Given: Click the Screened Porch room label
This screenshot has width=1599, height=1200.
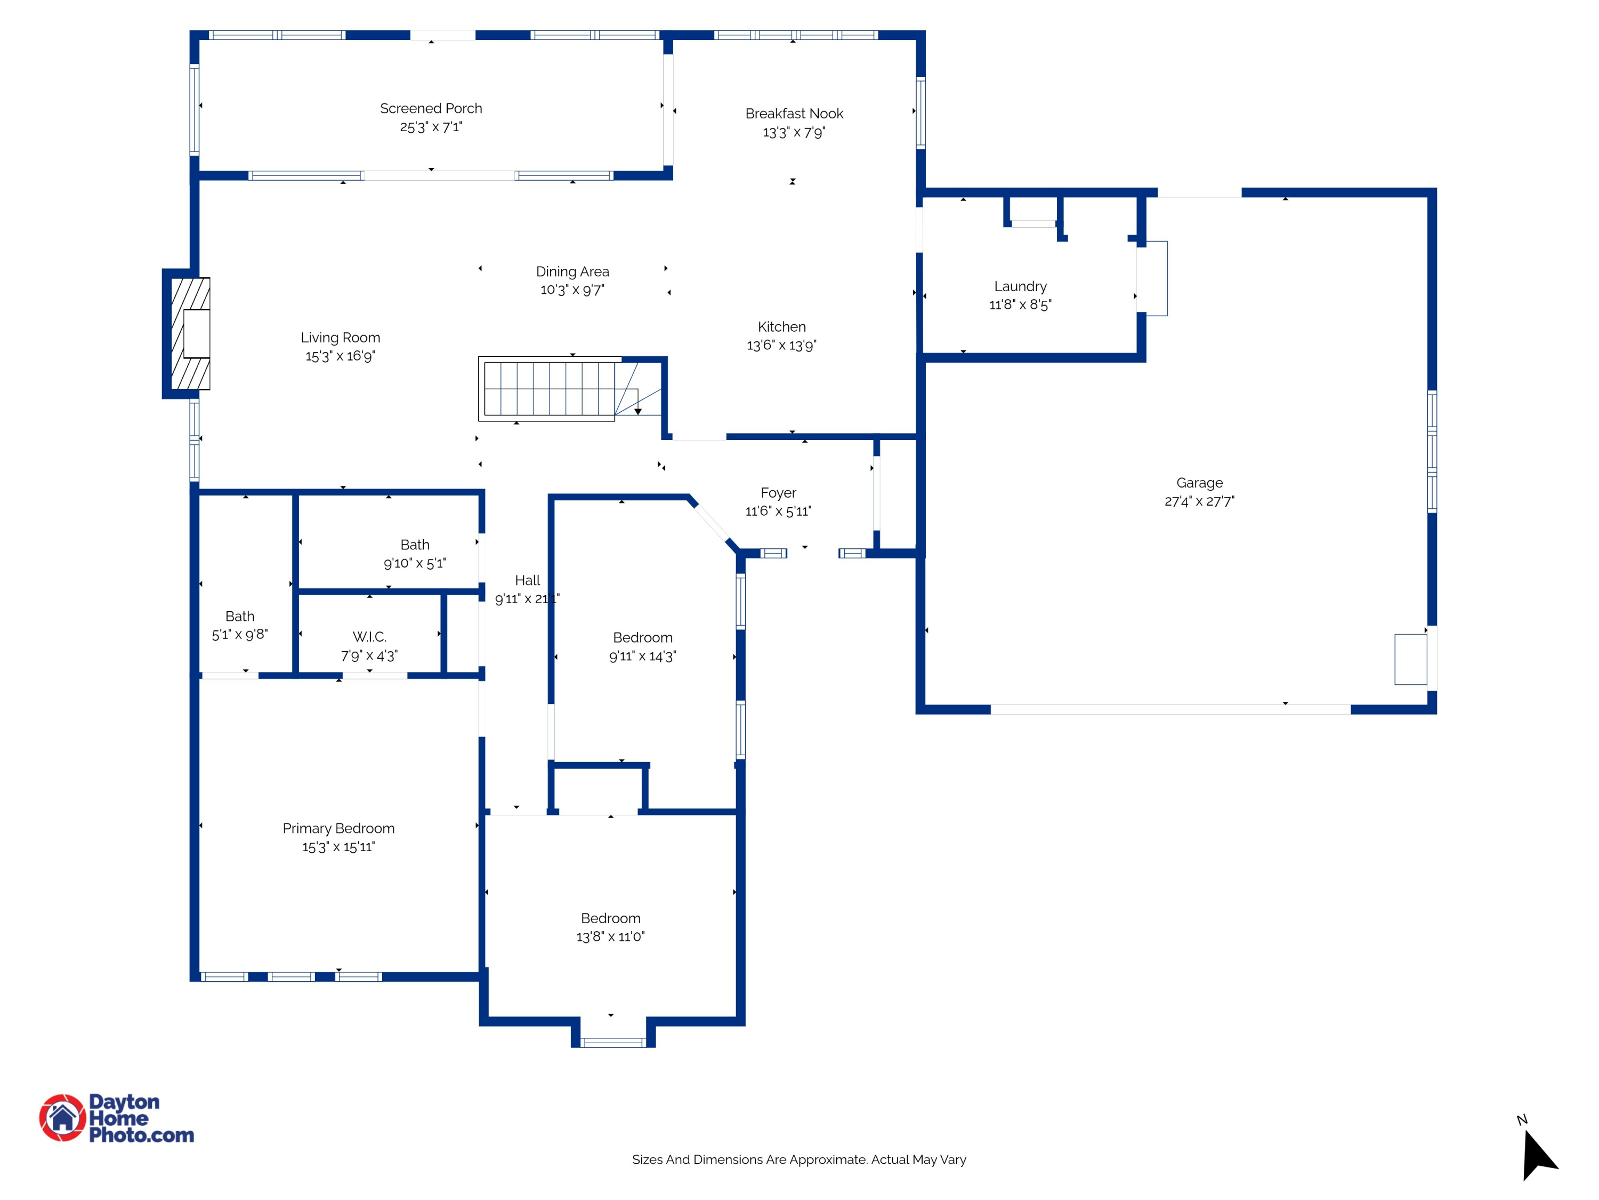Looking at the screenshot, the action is (431, 108).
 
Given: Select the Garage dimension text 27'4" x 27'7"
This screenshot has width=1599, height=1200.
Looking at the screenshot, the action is (1199, 501).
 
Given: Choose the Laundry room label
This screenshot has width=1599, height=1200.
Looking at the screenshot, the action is (1020, 286).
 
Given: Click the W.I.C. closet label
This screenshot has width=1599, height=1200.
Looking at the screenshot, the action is (369, 636).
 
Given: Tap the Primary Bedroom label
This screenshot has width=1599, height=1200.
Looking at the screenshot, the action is (338, 828).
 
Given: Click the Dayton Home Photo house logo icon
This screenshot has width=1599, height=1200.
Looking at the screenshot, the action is (62, 1117).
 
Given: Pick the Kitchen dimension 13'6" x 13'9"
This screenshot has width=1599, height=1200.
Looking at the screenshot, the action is (781, 346).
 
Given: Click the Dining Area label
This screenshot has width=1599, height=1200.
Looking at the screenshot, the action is (572, 271).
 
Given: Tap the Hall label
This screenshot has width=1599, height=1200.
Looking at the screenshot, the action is (527, 580).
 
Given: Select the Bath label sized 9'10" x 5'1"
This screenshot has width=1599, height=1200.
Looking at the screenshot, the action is (415, 545).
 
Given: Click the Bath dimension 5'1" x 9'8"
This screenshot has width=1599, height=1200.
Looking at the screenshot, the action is (239, 634).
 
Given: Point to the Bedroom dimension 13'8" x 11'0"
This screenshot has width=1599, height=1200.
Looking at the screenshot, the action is (610, 937).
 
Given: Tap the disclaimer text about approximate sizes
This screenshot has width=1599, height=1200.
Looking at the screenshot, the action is (799, 1159).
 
